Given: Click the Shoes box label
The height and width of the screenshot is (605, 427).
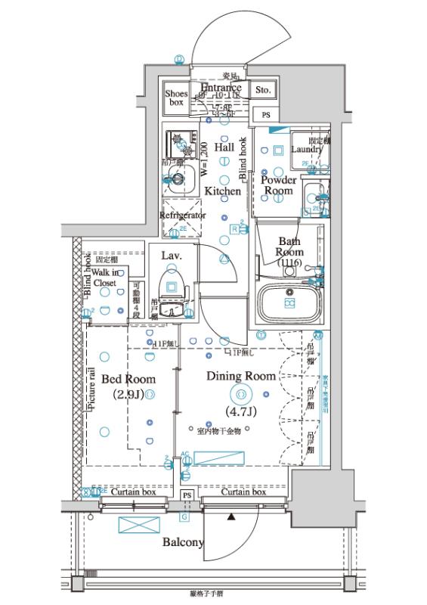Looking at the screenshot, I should (x=177, y=98).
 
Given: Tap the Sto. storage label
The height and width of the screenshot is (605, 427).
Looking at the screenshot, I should (x=263, y=91).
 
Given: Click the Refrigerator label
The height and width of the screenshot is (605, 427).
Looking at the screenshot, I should (x=183, y=216).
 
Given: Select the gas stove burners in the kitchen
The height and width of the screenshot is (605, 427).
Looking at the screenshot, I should (x=180, y=142).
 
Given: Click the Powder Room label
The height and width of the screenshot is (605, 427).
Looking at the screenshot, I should (x=278, y=185).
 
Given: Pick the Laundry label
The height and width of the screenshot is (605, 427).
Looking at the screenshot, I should (x=307, y=150).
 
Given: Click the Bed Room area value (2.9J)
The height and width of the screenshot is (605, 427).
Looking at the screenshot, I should (x=129, y=395).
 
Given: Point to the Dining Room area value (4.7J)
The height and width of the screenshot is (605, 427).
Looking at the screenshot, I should (x=241, y=412).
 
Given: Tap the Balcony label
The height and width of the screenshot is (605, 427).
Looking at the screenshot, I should (x=182, y=542).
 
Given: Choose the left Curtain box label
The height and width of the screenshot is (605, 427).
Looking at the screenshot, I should (x=134, y=492).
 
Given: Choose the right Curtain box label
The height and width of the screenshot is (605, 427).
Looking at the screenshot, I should (x=243, y=492).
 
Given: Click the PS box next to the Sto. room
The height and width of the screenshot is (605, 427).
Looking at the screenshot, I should (x=265, y=115).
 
